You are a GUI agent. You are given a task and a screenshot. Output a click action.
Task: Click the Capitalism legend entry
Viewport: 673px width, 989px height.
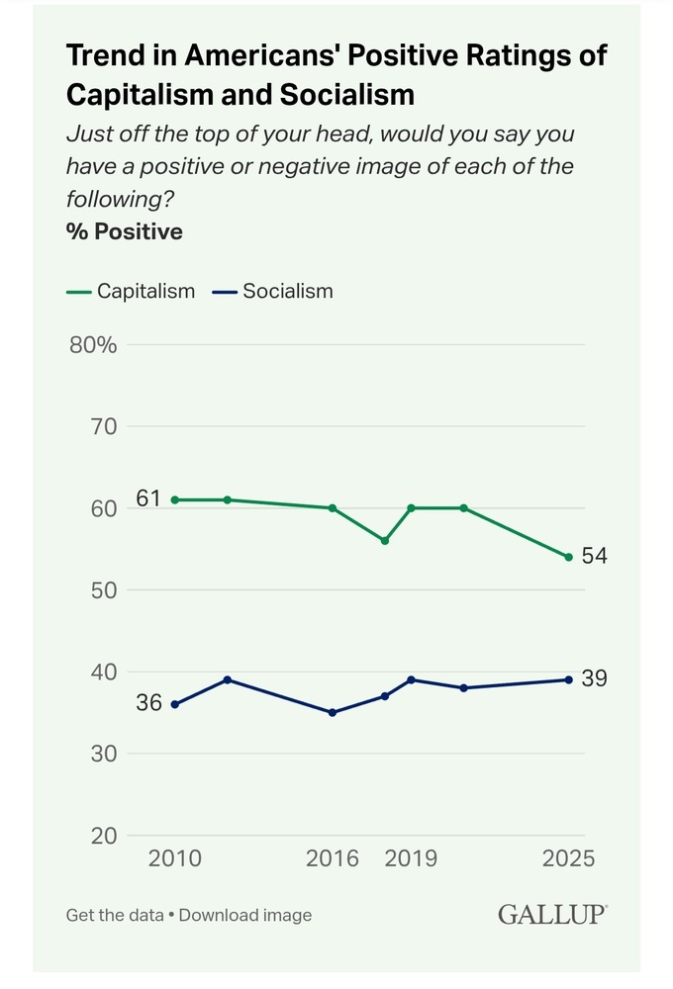click(131, 291)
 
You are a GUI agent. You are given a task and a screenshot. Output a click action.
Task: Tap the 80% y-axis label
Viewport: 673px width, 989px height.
click(93, 345)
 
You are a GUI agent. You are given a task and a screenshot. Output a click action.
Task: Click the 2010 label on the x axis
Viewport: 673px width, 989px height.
click(175, 857)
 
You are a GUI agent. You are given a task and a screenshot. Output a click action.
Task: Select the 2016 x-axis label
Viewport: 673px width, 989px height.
click(333, 857)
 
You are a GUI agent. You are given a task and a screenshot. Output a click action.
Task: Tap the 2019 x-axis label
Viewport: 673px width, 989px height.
click(411, 857)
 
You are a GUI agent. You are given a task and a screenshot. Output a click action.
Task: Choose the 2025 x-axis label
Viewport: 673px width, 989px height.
click(568, 857)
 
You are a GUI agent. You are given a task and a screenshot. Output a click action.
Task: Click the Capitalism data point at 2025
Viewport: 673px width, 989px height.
click(568, 557)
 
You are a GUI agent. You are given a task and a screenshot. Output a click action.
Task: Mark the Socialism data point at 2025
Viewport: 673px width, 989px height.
click(568, 679)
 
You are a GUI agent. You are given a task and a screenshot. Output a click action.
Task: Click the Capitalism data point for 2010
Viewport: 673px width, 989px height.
click(175, 499)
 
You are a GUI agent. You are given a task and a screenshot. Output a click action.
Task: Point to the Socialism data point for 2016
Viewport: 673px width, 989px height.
click(333, 712)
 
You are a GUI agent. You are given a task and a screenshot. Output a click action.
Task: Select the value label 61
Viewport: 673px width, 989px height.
click(148, 498)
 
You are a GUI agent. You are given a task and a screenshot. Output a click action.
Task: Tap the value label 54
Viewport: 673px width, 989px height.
click(594, 557)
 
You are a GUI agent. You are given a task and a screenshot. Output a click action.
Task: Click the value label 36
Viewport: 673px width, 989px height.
click(148, 704)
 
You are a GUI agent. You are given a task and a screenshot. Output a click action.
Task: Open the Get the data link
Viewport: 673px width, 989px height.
click(114, 915)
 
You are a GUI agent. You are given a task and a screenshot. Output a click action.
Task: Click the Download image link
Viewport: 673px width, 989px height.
click(245, 915)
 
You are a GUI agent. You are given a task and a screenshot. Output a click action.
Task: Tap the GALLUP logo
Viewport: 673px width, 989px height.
click(552, 914)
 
